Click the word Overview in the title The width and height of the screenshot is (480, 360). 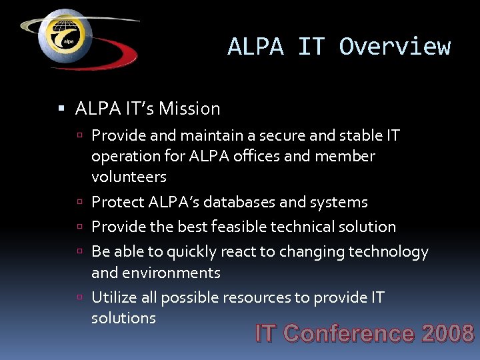pyautogui.click(x=395, y=47)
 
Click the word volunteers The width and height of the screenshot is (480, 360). pyautogui.click(x=129, y=177)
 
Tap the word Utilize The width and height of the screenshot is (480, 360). pyautogui.click(x=114, y=297)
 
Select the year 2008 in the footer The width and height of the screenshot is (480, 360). pyautogui.click(x=447, y=333)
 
